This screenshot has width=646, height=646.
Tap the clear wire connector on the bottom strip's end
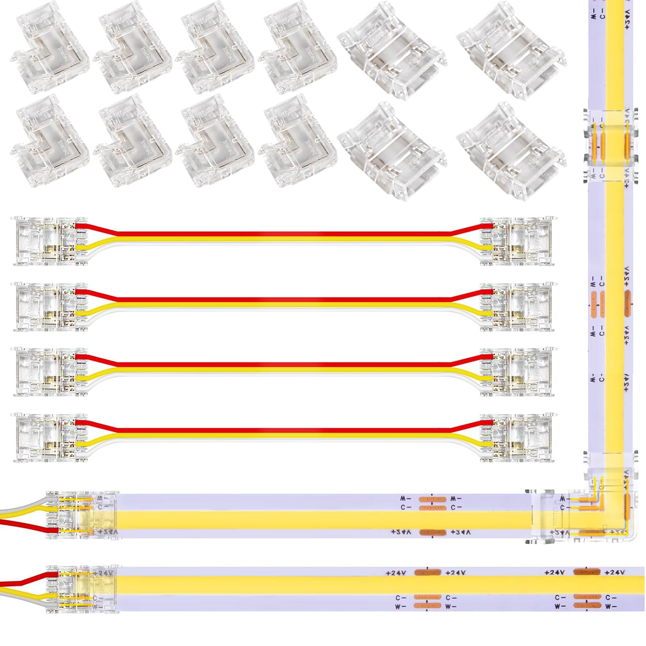(x=83, y=589)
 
